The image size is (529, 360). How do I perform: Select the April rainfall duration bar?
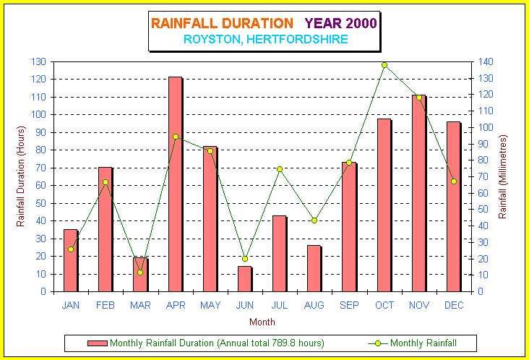tap(176, 184)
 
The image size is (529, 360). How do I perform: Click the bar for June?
tap(244, 279)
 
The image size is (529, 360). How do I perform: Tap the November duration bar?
tap(418, 193)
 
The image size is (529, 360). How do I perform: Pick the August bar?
tap(314, 269)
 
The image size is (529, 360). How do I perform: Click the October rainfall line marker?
tap(384, 65)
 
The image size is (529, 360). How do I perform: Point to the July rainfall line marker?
tap(280, 169)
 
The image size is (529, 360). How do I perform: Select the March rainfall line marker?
tap(140, 273)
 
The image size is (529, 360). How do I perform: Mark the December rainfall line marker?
tap(454, 181)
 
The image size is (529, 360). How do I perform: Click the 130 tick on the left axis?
tap(38, 61)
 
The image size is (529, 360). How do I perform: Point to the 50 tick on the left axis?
tap(40, 203)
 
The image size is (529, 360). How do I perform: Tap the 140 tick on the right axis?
tap(486, 61)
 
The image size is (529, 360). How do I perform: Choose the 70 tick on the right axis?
tap(483, 176)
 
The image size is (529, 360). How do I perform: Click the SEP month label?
tap(349, 305)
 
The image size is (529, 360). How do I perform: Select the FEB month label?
tap(106, 305)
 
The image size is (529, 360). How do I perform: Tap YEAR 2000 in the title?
tap(341, 23)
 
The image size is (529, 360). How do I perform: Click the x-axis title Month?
tap(262, 322)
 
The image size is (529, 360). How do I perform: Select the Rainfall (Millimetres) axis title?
tap(503, 177)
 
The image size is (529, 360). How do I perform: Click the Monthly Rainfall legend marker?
tap(378, 343)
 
